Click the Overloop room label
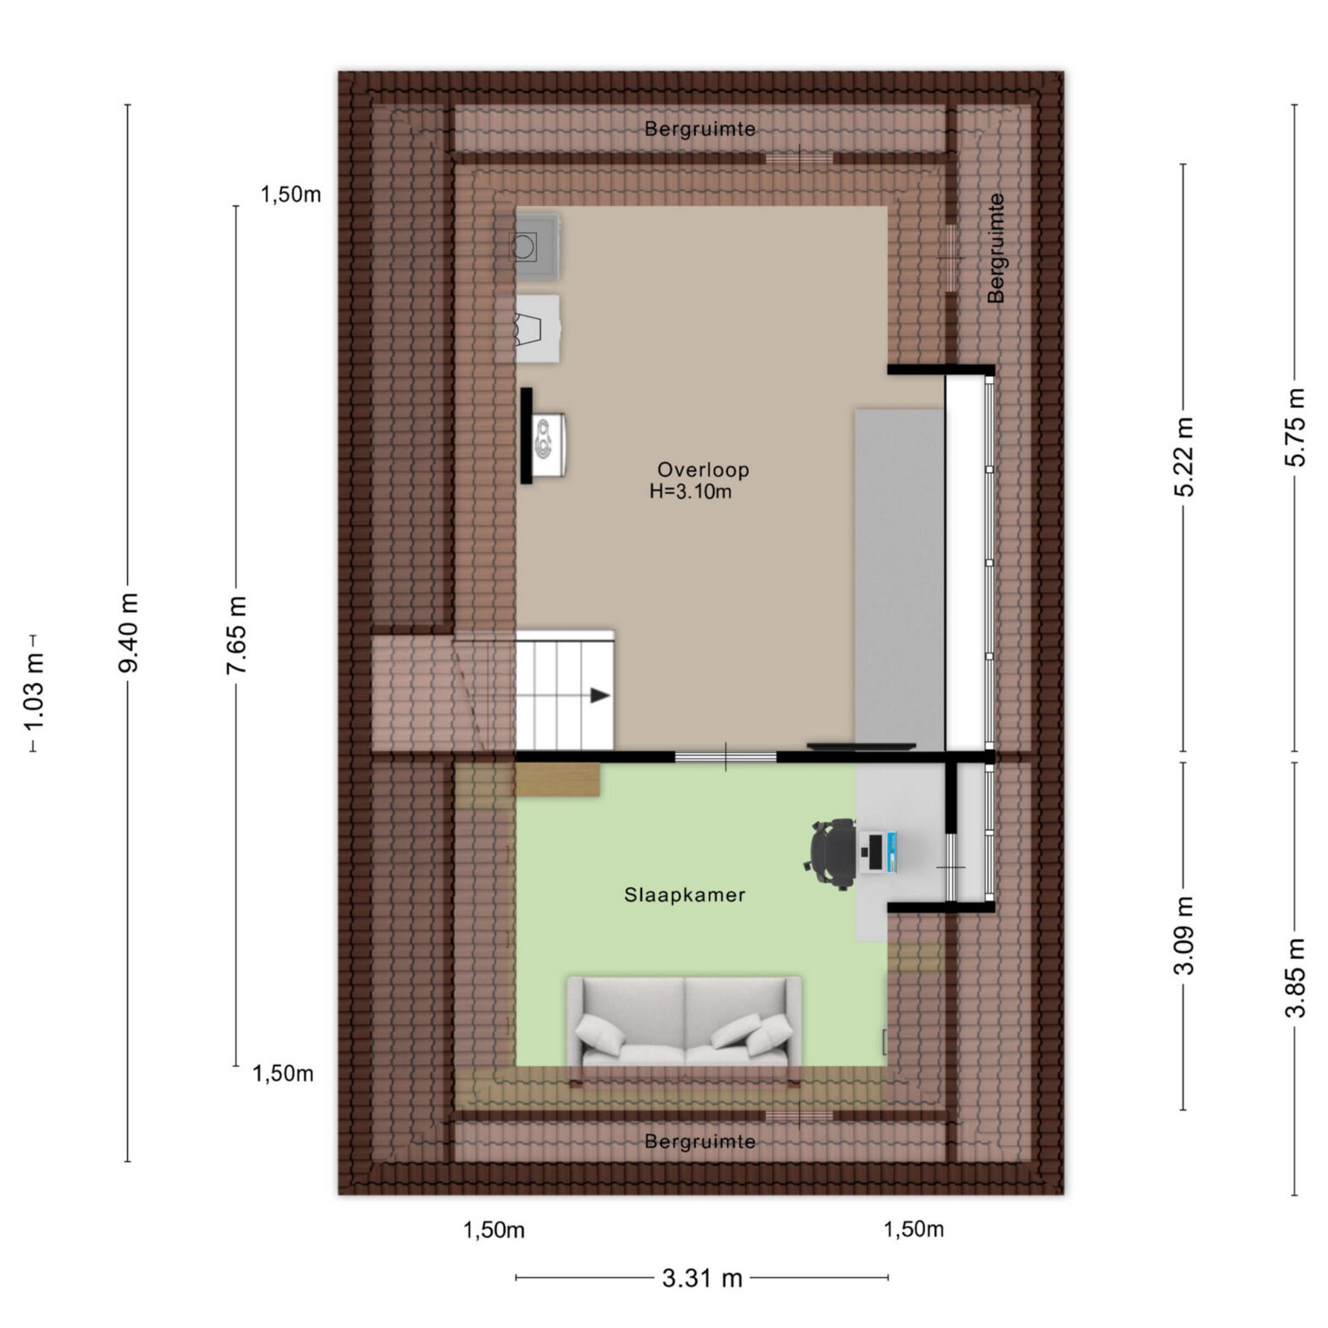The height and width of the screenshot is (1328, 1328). (x=703, y=470)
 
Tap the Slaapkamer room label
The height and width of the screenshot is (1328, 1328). (x=685, y=895)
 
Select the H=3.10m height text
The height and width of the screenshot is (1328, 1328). (x=691, y=492)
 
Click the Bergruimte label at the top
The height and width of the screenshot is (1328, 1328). (x=700, y=129)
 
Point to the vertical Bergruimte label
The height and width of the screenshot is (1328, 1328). (x=996, y=247)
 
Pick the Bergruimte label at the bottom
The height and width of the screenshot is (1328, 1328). (x=700, y=1142)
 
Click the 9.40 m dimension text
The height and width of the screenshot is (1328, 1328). (x=128, y=633)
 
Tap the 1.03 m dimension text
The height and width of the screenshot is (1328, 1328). (x=34, y=694)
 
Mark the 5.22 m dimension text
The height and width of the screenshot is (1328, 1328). (x=1184, y=456)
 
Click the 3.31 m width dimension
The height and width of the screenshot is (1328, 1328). (x=702, y=1278)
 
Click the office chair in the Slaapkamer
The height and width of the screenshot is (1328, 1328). (x=831, y=853)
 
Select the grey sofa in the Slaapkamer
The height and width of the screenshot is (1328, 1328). (x=684, y=1023)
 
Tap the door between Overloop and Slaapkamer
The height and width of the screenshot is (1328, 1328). (x=725, y=757)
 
